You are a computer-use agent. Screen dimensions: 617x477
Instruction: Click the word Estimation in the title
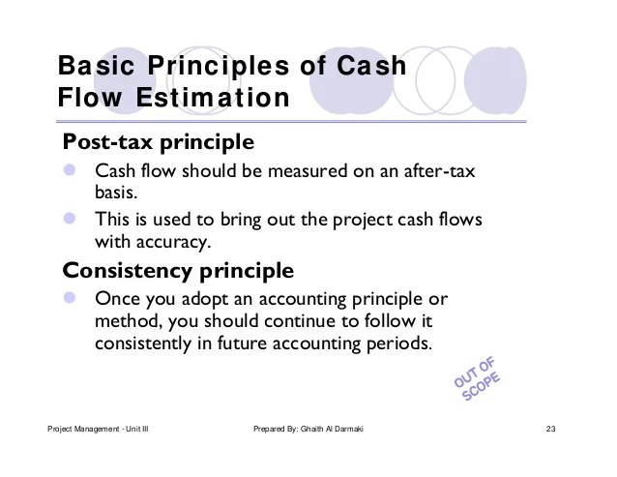pyautogui.click(x=213, y=98)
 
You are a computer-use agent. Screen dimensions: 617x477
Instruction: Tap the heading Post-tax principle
pyautogui.click(x=159, y=142)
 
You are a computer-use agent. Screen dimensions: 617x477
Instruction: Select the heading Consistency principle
pyautogui.click(x=178, y=271)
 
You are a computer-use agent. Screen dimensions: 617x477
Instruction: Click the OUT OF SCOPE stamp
pyautogui.click(x=477, y=379)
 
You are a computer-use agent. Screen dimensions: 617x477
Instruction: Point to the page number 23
pyautogui.click(x=550, y=429)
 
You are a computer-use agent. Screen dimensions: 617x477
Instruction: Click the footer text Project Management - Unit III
pyautogui.click(x=98, y=429)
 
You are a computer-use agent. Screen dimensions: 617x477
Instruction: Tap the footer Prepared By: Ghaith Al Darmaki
pyautogui.click(x=308, y=429)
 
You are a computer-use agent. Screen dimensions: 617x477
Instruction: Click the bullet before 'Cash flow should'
pyautogui.click(x=70, y=169)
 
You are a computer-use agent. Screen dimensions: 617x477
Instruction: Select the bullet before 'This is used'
pyautogui.click(x=70, y=218)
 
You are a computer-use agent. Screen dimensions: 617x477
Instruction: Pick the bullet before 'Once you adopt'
pyautogui.click(x=70, y=298)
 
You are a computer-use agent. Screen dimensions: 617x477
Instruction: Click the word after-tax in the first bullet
pyautogui.click(x=439, y=171)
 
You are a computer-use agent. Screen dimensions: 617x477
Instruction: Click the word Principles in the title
pyautogui.click(x=219, y=67)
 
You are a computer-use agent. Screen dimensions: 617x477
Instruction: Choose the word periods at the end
pyautogui.click(x=399, y=344)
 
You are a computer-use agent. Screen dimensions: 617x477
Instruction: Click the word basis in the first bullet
pyautogui.click(x=116, y=193)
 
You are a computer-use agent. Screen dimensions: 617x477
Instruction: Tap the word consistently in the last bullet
pyautogui.click(x=143, y=344)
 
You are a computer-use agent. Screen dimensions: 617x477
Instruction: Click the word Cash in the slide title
pyautogui.click(x=371, y=66)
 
